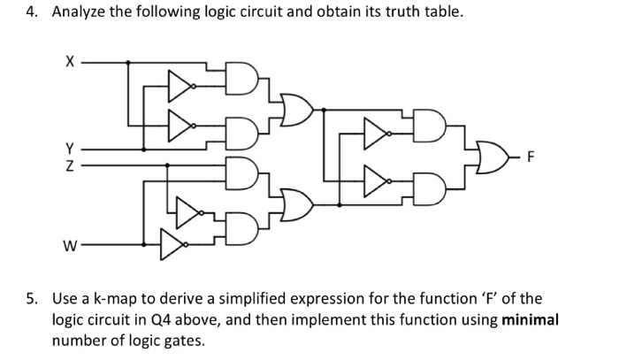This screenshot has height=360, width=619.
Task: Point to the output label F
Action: pyautogui.click(x=531, y=160)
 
